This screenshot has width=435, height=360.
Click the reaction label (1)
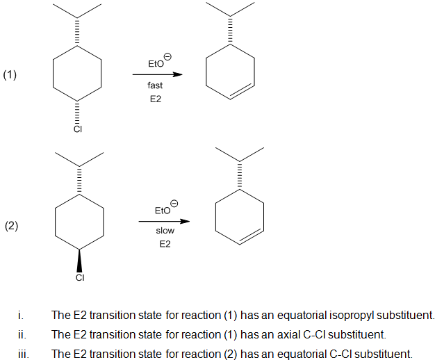pos(10,76)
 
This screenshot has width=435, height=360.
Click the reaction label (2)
pos(12,226)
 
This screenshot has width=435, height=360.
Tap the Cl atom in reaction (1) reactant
pos(78,129)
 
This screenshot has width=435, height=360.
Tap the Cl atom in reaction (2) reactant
pos(79,278)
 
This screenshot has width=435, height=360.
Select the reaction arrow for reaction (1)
pos(158,74)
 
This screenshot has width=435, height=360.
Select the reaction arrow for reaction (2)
pos(163,222)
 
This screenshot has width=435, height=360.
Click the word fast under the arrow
pos(155,85)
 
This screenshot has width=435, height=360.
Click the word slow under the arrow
pos(165,231)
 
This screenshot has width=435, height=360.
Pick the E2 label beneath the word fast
pos(155,99)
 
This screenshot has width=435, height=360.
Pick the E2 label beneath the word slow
pos(165,244)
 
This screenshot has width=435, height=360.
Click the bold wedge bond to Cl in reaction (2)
pos(79,260)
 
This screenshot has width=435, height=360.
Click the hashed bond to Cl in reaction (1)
pos(78,111)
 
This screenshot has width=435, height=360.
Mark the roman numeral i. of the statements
pos(21,315)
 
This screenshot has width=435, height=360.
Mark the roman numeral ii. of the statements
pos(22,334)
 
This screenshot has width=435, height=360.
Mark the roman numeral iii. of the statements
pos(22,353)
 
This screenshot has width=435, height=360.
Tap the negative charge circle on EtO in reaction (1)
pos(167,56)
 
